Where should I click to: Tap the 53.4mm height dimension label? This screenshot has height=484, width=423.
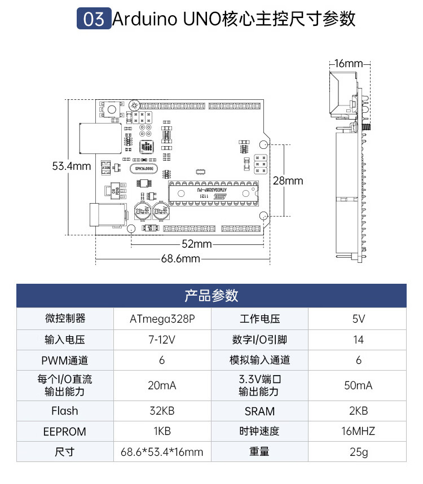tap(72, 166)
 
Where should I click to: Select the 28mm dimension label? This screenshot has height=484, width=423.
tap(288, 181)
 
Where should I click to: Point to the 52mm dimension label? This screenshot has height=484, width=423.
tap(197, 244)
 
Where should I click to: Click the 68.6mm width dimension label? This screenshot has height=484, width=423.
tap(180, 259)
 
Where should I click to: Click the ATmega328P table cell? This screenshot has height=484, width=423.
tap(162, 319)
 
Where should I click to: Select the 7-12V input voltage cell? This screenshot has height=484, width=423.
tap(162, 340)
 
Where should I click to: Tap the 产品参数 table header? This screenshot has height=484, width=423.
tap(211, 295)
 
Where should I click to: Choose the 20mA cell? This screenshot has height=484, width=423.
tap(162, 385)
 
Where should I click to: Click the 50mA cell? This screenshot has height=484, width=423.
tap(358, 385)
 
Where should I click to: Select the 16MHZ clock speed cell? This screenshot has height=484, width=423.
tap(358, 432)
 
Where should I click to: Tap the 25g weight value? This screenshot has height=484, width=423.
tap(358, 452)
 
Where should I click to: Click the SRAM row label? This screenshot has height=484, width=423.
tap(259, 411)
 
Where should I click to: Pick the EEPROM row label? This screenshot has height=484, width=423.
tap(65, 432)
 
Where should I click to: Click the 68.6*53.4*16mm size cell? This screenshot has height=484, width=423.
tap(162, 452)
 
